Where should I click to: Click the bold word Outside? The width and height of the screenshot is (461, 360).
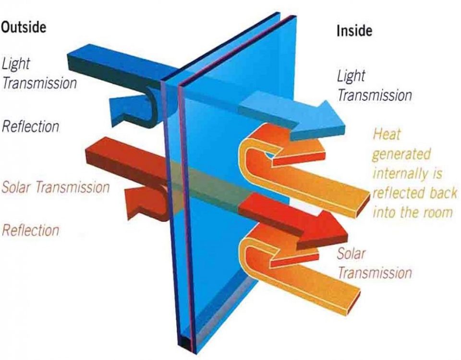(24, 27)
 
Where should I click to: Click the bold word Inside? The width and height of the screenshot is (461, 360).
(354, 31)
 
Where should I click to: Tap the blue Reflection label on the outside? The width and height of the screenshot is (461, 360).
(30, 126)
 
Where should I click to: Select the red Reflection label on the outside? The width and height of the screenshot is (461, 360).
(30, 230)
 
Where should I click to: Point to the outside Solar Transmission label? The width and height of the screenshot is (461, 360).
(56, 187)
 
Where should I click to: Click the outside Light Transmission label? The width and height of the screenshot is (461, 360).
(39, 73)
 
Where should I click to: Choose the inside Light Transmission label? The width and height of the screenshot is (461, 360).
(374, 85)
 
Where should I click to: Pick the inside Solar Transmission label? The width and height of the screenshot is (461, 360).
(374, 264)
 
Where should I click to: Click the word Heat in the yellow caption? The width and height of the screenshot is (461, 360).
(387, 134)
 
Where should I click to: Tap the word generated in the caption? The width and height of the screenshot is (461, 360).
(401, 154)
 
